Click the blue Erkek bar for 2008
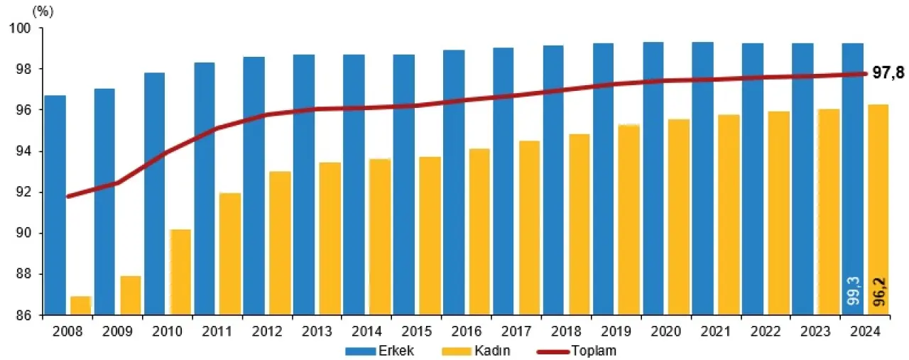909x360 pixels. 55,205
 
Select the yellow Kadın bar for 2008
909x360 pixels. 80,305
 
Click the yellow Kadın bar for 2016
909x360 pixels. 479,231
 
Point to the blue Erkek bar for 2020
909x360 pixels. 653,178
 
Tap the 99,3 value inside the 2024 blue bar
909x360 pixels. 852,291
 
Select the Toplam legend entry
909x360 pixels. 588,351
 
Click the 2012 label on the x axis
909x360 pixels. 267,332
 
